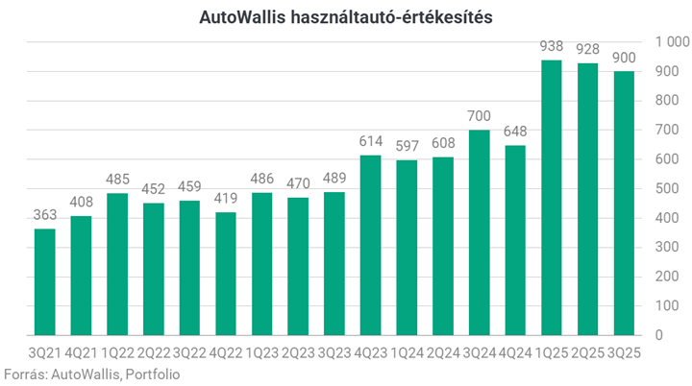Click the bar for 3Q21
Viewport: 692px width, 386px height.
coord(45,281)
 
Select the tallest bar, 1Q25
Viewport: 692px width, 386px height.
coord(552,198)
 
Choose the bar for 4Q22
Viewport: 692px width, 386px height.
coord(226,274)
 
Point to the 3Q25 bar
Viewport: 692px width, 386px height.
coord(624,204)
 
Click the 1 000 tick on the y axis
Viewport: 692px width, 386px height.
coord(671,42)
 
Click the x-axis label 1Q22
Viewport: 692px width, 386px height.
coord(117,352)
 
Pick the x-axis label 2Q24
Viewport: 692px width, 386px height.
coord(443,352)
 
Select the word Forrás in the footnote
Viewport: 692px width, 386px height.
coord(23,374)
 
